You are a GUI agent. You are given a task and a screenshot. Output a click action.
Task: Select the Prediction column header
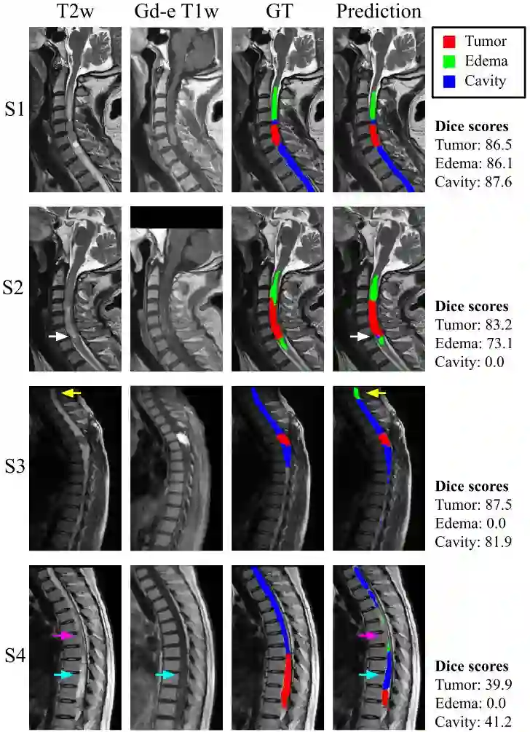(x=376, y=12)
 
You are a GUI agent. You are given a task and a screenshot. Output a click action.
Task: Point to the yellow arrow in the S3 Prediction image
(x=376, y=393)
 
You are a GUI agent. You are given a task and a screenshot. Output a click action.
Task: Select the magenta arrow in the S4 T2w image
(x=66, y=636)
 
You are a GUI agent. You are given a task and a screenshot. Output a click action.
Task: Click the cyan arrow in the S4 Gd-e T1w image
(x=166, y=675)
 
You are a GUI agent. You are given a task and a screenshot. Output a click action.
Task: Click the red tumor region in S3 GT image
(x=283, y=440)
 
